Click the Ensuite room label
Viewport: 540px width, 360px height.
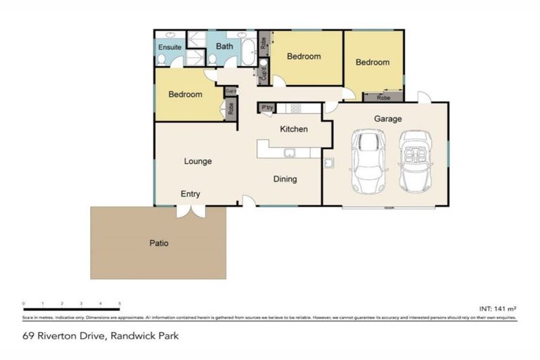click(x=169, y=47)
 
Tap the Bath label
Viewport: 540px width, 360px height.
click(x=224, y=46)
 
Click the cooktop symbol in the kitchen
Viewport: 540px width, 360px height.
click(x=295, y=108)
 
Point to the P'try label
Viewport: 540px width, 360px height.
click(x=266, y=108)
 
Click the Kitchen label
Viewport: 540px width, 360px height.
click(x=293, y=129)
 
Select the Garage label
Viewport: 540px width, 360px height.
click(x=387, y=120)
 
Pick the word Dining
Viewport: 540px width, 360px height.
click(x=285, y=179)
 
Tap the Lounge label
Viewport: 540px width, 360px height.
click(x=198, y=161)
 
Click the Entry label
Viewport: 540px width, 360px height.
click(x=190, y=193)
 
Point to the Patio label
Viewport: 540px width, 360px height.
click(x=158, y=243)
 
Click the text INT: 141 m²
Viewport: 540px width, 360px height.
click(x=497, y=308)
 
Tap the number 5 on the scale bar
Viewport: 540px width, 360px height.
click(x=120, y=304)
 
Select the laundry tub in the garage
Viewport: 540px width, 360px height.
click(x=328, y=163)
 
